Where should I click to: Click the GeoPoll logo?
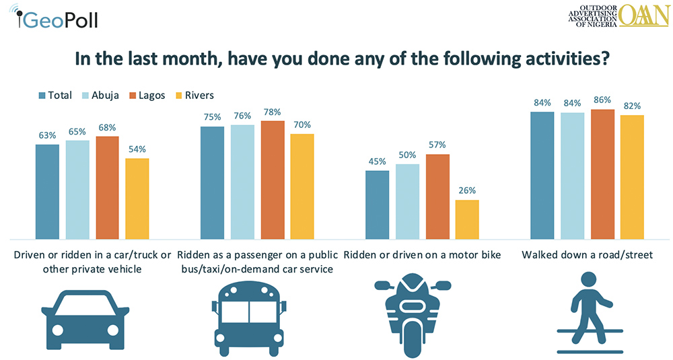click(57, 18)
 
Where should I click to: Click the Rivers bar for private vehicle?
click(137, 199)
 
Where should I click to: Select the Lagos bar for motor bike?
click(437, 196)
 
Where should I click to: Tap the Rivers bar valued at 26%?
click(467, 219)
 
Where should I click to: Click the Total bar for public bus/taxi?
click(213, 182)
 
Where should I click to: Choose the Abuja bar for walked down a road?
click(572, 176)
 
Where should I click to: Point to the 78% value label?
click(273, 112)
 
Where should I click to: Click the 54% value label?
click(137, 149)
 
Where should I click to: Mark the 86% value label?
click(602, 100)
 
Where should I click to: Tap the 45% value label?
click(377, 161)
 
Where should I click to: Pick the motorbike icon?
click(412, 312)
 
